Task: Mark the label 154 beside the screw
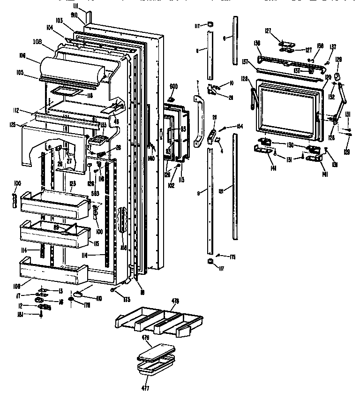[x=240, y=127]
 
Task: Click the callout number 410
[x=99, y=297]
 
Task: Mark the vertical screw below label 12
[x=42, y=315]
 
